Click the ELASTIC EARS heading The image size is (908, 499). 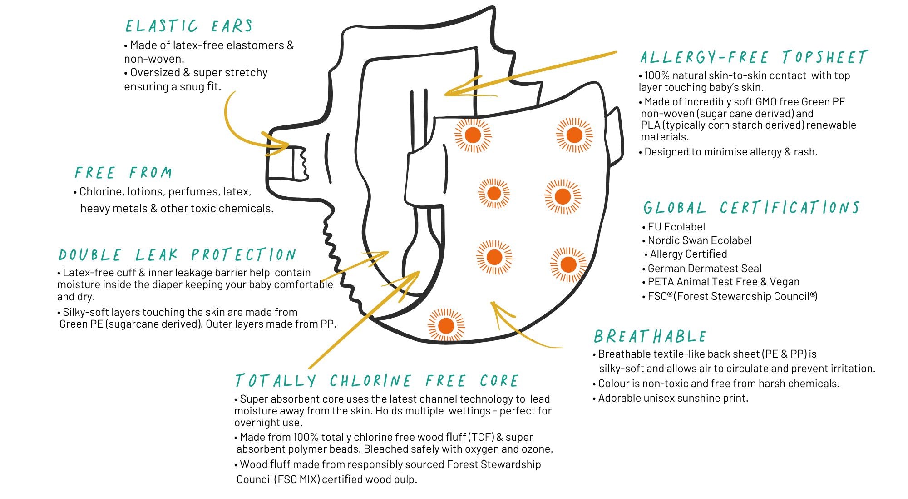click(x=189, y=26)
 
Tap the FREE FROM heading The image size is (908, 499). click(x=123, y=173)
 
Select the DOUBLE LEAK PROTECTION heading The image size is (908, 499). click(x=177, y=254)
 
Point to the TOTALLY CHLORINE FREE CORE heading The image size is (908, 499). click(x=377, y=380)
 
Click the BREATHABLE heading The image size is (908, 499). click(x=650, y=336)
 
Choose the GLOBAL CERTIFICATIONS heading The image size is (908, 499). click(x=751, y=208)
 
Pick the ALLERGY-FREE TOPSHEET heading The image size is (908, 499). click(x=754, y=57)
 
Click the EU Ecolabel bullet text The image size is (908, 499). click(x=676, y=227)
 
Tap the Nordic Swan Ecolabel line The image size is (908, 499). click(x=699, y=240)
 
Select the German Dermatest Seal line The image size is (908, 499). click(x=704, y=269)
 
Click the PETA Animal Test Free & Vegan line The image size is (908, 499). click(x=723, y=282)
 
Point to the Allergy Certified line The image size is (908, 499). click(x=688, y=254)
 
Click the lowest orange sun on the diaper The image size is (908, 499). click(x=446, y=325)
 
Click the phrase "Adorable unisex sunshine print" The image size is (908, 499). click(x=673, y=398)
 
